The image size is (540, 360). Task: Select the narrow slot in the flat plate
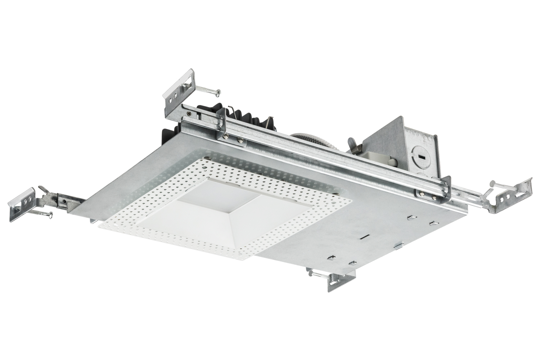coord(365,237)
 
